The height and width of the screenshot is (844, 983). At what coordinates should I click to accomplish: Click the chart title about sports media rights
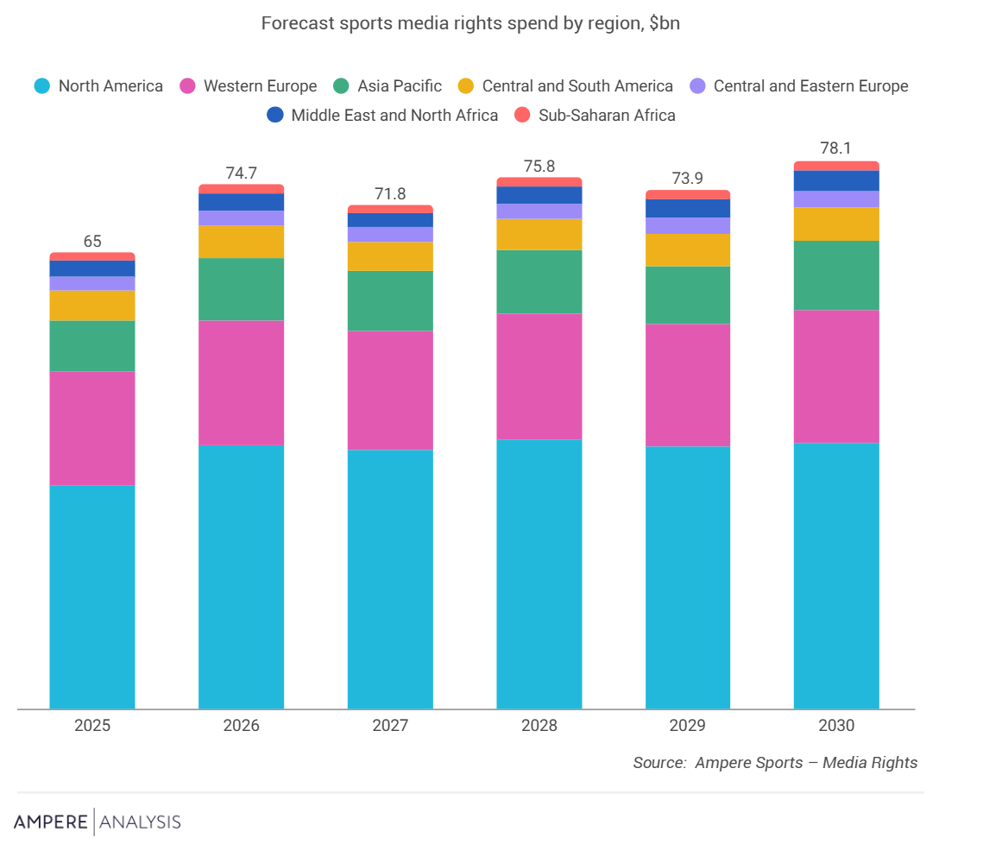tap(470, 23)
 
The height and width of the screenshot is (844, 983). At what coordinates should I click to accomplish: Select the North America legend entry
tap(98, 86)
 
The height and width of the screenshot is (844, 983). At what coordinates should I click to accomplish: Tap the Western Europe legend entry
tap(249, 86)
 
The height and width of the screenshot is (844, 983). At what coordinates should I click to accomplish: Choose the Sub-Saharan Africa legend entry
tap(595, 116)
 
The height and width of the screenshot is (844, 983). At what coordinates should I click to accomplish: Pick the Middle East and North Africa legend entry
tap(382, 116)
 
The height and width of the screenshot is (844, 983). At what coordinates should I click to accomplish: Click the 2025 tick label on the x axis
tap(92, 726)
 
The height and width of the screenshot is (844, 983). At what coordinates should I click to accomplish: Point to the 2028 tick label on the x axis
tap(539, 726)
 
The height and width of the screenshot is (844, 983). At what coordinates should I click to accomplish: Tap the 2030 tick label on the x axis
tap(836, 726)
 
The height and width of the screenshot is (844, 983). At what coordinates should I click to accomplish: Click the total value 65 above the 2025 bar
tap(92, 242)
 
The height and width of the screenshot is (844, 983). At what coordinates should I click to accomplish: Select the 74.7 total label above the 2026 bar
tap(241, 173)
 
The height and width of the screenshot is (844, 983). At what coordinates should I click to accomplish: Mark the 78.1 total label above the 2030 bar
tap(836, 148)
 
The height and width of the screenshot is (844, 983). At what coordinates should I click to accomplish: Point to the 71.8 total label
tap(390, 194)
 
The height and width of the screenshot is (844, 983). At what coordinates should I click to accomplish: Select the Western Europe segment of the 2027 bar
tap(390, 390)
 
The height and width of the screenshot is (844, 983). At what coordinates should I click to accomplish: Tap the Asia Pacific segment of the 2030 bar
tap(836, 275)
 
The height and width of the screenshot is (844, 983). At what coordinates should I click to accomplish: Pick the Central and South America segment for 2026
tap(241, 242)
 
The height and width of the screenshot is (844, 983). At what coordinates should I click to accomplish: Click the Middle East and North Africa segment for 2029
tap(688, 209)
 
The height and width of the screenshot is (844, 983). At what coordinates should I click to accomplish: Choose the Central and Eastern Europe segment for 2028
tap(539, 211)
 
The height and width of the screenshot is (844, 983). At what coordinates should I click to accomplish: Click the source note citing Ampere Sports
tap(775, 763)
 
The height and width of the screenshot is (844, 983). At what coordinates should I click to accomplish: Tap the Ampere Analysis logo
tap(98, 821)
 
